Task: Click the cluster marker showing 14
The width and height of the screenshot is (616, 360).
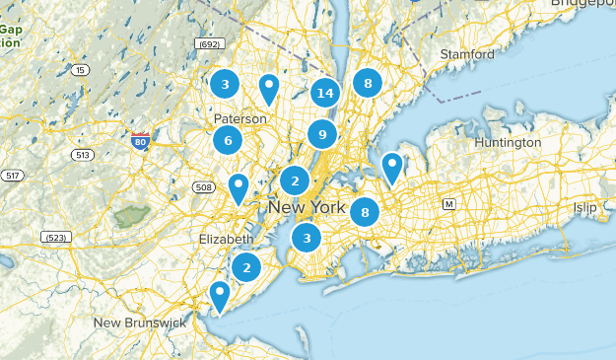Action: coord(325,94)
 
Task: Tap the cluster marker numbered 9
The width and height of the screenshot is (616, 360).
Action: coord(322,134)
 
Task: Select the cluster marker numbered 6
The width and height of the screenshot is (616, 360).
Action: coord(228,141)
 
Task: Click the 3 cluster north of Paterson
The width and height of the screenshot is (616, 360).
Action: coord(225,84)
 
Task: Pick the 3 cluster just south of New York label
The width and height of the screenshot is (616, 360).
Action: coord(307,237)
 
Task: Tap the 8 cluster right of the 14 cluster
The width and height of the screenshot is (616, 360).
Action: coord(368,84)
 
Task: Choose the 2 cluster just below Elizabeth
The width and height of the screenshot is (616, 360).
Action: coord(246,266)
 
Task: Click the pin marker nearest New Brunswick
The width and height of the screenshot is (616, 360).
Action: coord(219,294)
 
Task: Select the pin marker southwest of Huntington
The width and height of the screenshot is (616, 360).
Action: coord(392,167)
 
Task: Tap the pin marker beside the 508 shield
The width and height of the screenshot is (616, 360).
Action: coord(239,185)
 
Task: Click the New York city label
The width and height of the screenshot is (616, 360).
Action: coord(307,208)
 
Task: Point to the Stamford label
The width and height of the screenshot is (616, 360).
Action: coord(467,53)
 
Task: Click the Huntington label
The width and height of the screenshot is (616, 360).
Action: coord(508,142)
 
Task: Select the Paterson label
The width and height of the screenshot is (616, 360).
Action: coord(240,118)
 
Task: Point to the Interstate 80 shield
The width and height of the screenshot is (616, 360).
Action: coord(140,144)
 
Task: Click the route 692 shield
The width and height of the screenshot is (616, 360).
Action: coord(209,43)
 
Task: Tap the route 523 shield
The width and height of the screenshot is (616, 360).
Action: coord(55,238)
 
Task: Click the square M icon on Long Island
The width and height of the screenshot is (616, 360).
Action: coord(448,204)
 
